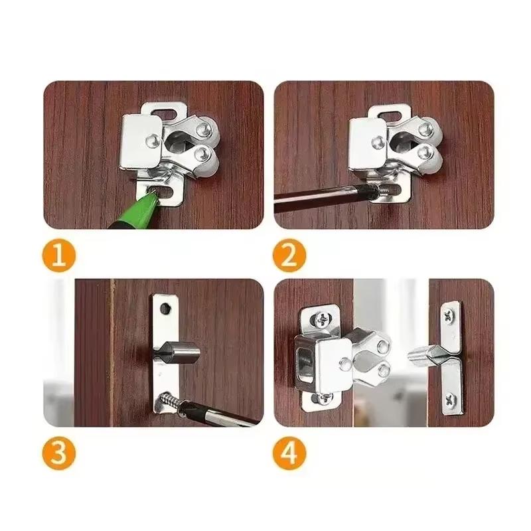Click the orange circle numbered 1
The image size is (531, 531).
click(x=59, y=257)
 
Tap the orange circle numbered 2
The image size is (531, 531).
click(x=289, y=257)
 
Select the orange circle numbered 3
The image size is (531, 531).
click(x=59, y=454)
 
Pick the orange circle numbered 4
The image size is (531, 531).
click(x=289, y=454)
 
